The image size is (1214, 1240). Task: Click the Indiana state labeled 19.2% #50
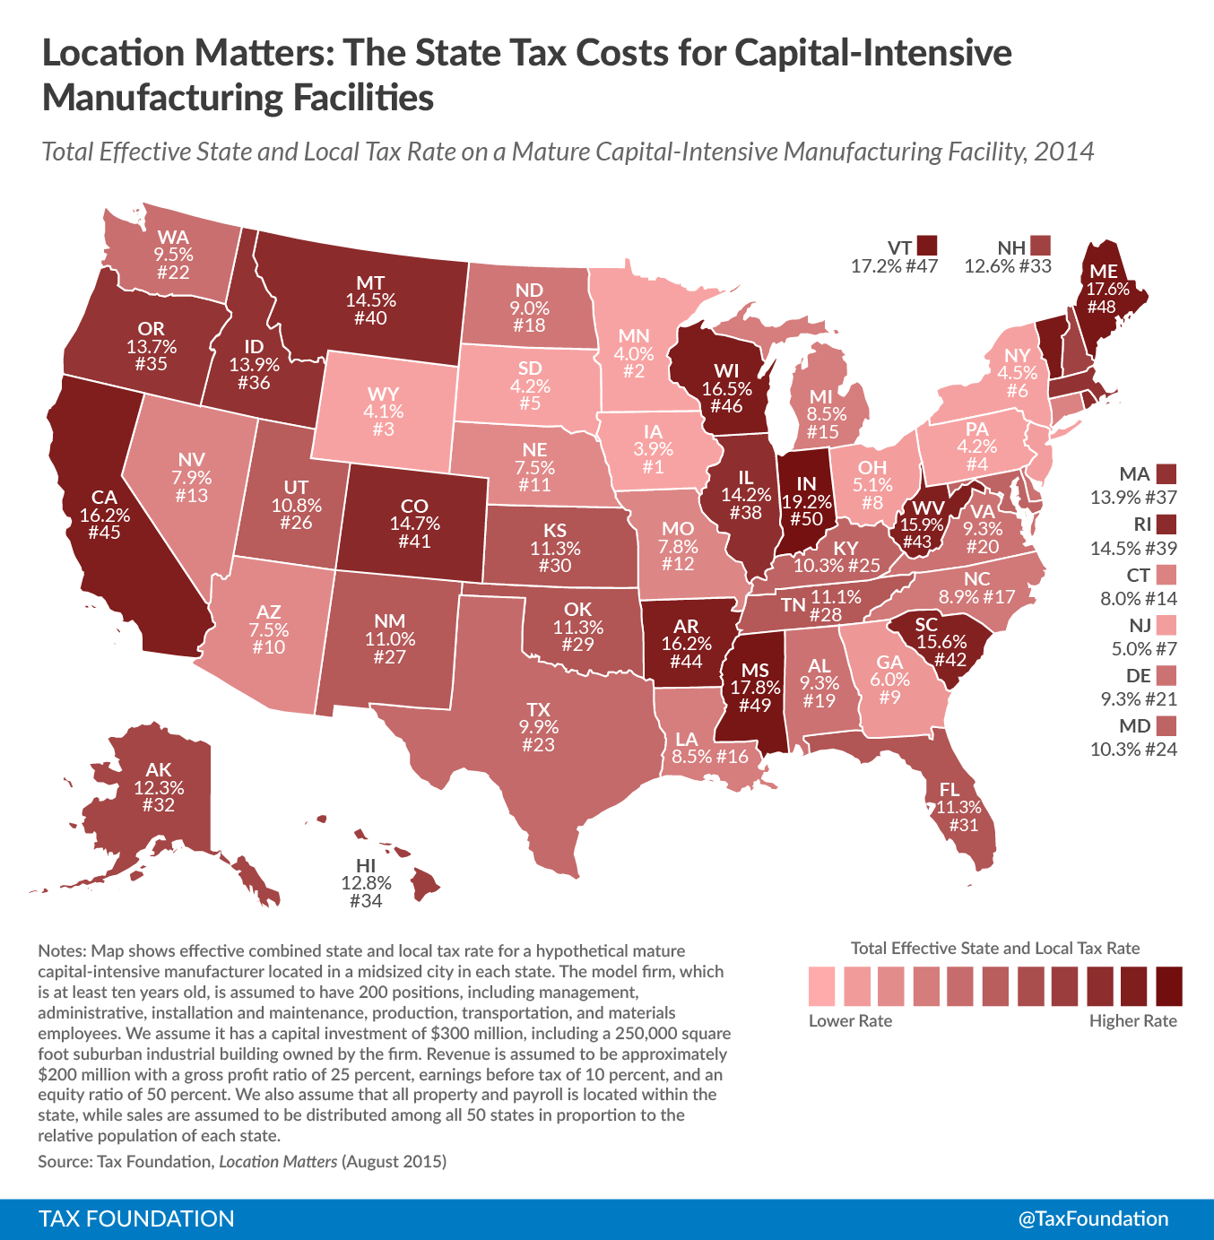806,501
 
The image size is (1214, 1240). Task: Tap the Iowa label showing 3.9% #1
653,449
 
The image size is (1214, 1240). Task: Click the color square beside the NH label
1040,246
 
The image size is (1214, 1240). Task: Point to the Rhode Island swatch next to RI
1166,524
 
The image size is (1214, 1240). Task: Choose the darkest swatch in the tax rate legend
1169,985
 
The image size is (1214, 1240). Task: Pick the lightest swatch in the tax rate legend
821,985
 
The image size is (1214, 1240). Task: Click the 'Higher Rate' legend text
1132,1021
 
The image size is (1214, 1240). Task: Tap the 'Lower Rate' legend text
850,1021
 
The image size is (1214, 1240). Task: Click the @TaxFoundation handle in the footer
1093,1218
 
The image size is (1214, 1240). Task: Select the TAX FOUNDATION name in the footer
136,1218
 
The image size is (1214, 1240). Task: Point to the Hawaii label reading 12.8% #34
366,882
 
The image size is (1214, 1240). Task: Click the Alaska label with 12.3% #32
159,787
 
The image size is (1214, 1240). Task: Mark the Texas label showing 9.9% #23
538,727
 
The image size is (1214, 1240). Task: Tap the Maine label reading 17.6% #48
1103,289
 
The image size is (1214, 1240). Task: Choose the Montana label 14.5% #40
370,300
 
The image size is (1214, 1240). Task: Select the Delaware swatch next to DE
1166,674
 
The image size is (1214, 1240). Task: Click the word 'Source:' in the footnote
64,1161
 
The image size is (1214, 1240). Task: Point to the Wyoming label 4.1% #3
383,412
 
